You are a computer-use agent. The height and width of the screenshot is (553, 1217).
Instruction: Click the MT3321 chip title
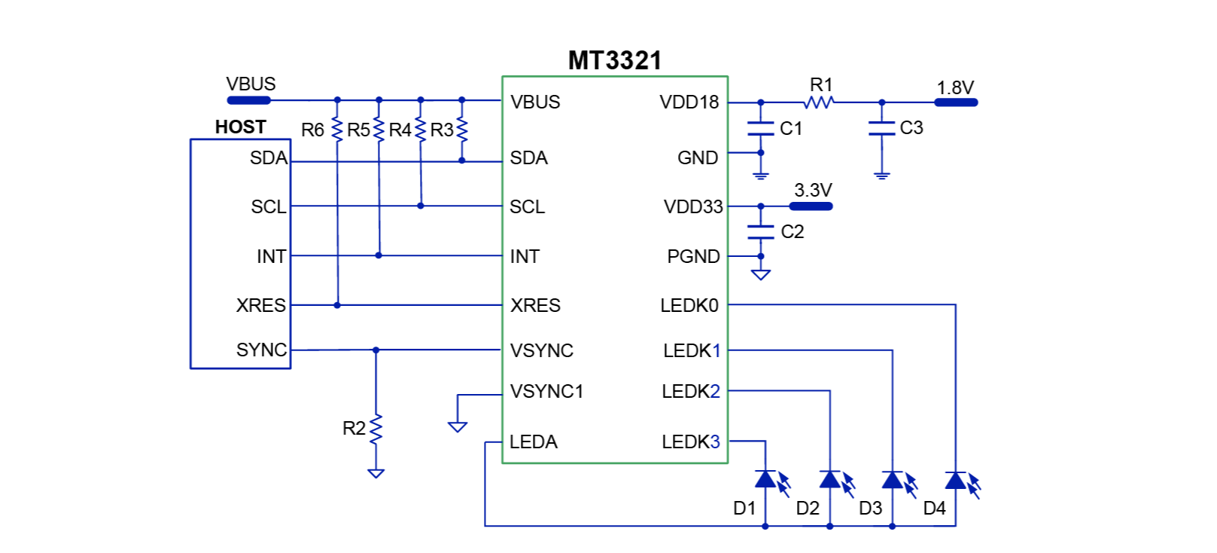[x=614, y=60]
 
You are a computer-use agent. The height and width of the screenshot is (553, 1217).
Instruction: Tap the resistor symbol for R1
[x=820, y=102]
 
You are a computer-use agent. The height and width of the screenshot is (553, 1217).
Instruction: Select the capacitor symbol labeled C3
[x=882, y=129]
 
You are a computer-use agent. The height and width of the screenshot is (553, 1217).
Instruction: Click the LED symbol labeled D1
[x=766, y=480]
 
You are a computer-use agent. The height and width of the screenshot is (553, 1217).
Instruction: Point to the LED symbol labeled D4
[x=956, y=480]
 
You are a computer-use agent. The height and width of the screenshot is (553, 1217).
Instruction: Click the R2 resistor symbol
[x=376, y=429]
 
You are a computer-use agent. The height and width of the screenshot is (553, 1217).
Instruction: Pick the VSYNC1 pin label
[x=546, y=391]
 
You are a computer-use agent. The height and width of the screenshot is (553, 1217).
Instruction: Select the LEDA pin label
[x=533, y=441]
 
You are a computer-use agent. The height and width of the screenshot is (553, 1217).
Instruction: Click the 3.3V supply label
[x=813, y=190]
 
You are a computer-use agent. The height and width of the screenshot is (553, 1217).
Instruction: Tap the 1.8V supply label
[x=955, y=87]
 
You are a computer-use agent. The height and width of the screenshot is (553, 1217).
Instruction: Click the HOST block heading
[x=240, y=127]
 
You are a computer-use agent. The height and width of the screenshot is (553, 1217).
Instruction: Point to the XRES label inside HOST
[x=260, y=305]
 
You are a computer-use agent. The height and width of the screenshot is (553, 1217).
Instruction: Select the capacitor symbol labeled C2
[x=761, y=232]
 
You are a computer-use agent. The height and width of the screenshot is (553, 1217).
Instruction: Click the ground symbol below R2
[x=376, y=473]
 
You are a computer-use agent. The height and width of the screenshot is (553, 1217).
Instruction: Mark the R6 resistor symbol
[x=337, y=130]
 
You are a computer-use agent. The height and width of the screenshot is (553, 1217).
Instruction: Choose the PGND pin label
[x=693, y=256]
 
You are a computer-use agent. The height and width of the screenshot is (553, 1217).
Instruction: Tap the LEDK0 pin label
[x=689, y=305]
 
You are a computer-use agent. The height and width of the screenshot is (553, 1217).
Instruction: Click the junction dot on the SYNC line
[x=376, y=350]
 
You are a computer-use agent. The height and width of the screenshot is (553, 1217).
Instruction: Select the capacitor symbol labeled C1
[x=761, y=129]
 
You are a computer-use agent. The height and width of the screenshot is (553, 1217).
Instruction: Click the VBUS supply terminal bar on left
[x=248, y=100]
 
